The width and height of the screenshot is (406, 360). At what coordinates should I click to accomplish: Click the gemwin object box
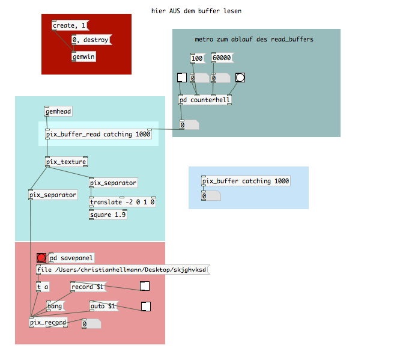click(x=83, y=56)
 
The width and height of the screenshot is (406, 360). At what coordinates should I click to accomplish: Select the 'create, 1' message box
click(x=70, y=25)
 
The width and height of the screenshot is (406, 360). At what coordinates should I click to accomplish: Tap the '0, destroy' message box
click(x=92, y=40)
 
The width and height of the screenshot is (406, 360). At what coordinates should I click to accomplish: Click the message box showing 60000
click(x=222, y=58)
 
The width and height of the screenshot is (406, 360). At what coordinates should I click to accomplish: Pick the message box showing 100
click(x=198, y=58)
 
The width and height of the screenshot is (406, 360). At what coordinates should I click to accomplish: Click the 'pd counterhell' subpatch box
click(x=205, y=100)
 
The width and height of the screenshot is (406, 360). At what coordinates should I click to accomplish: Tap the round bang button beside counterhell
click(x=240, y=78)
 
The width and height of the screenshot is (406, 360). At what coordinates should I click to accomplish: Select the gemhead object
click(x=58, y=111)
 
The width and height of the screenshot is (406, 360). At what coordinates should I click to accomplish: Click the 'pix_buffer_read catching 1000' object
click(x=98, y=134)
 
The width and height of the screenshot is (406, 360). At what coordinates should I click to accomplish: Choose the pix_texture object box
click(x=66, y=162)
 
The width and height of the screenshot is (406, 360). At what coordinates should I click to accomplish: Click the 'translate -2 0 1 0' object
click(x=123, y=202)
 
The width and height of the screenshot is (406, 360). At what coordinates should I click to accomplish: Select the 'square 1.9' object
click(x=108, y=215)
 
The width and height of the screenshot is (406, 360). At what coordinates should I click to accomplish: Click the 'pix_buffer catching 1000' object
click(x=246, y=181)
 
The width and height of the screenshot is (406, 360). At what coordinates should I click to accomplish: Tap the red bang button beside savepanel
click(x=41, y=258)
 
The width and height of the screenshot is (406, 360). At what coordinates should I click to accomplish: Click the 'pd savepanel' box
click(x=71, y=258)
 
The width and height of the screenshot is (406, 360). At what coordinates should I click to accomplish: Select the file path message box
click(x=123, y=270)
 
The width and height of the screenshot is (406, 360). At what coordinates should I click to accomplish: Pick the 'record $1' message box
click(x=88, y=287)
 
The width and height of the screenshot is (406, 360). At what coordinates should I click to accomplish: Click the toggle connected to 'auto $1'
click(x=146, y=307)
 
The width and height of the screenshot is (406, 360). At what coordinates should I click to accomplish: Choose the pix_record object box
click(x=48, y=322)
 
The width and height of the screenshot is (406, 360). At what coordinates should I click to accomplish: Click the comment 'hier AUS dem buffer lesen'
click(x=196, y=11)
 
